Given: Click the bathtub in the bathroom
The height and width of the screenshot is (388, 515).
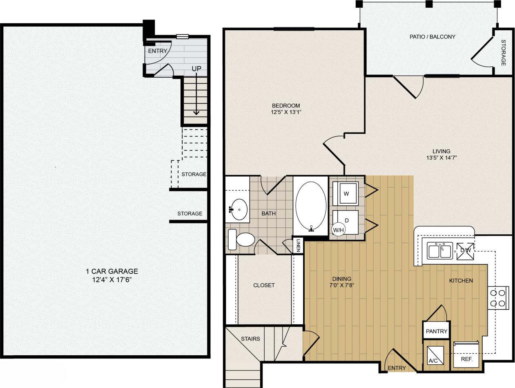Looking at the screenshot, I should point(311,206).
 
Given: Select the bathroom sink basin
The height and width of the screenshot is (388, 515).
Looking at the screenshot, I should point(239,210).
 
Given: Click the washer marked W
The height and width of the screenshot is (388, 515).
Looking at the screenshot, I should point(346,194).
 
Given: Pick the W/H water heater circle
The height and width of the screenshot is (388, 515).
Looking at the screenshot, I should point(339,230).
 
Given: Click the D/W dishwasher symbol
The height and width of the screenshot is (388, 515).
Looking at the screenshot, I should point(465,251).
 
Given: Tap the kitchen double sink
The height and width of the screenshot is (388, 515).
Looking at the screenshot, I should point(440,251).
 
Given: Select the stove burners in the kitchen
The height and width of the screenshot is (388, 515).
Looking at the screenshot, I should point(498,298).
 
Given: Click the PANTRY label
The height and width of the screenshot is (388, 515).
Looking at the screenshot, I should point(437,331).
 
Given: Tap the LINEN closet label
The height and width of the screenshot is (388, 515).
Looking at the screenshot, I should point(299,245).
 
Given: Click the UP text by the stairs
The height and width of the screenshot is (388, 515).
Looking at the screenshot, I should point(196,69).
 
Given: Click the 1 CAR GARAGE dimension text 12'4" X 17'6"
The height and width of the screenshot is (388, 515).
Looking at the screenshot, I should point(112,280).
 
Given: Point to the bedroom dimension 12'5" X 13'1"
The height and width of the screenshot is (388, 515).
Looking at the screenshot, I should point(286,112).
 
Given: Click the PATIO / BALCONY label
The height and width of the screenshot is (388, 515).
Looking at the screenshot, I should point(432,37).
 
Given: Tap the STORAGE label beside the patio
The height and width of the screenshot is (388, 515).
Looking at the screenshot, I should point(503,52).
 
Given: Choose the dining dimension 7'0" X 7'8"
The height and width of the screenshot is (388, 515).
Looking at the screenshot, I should point(342,285).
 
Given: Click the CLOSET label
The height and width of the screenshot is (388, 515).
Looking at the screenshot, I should point(264,285).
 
